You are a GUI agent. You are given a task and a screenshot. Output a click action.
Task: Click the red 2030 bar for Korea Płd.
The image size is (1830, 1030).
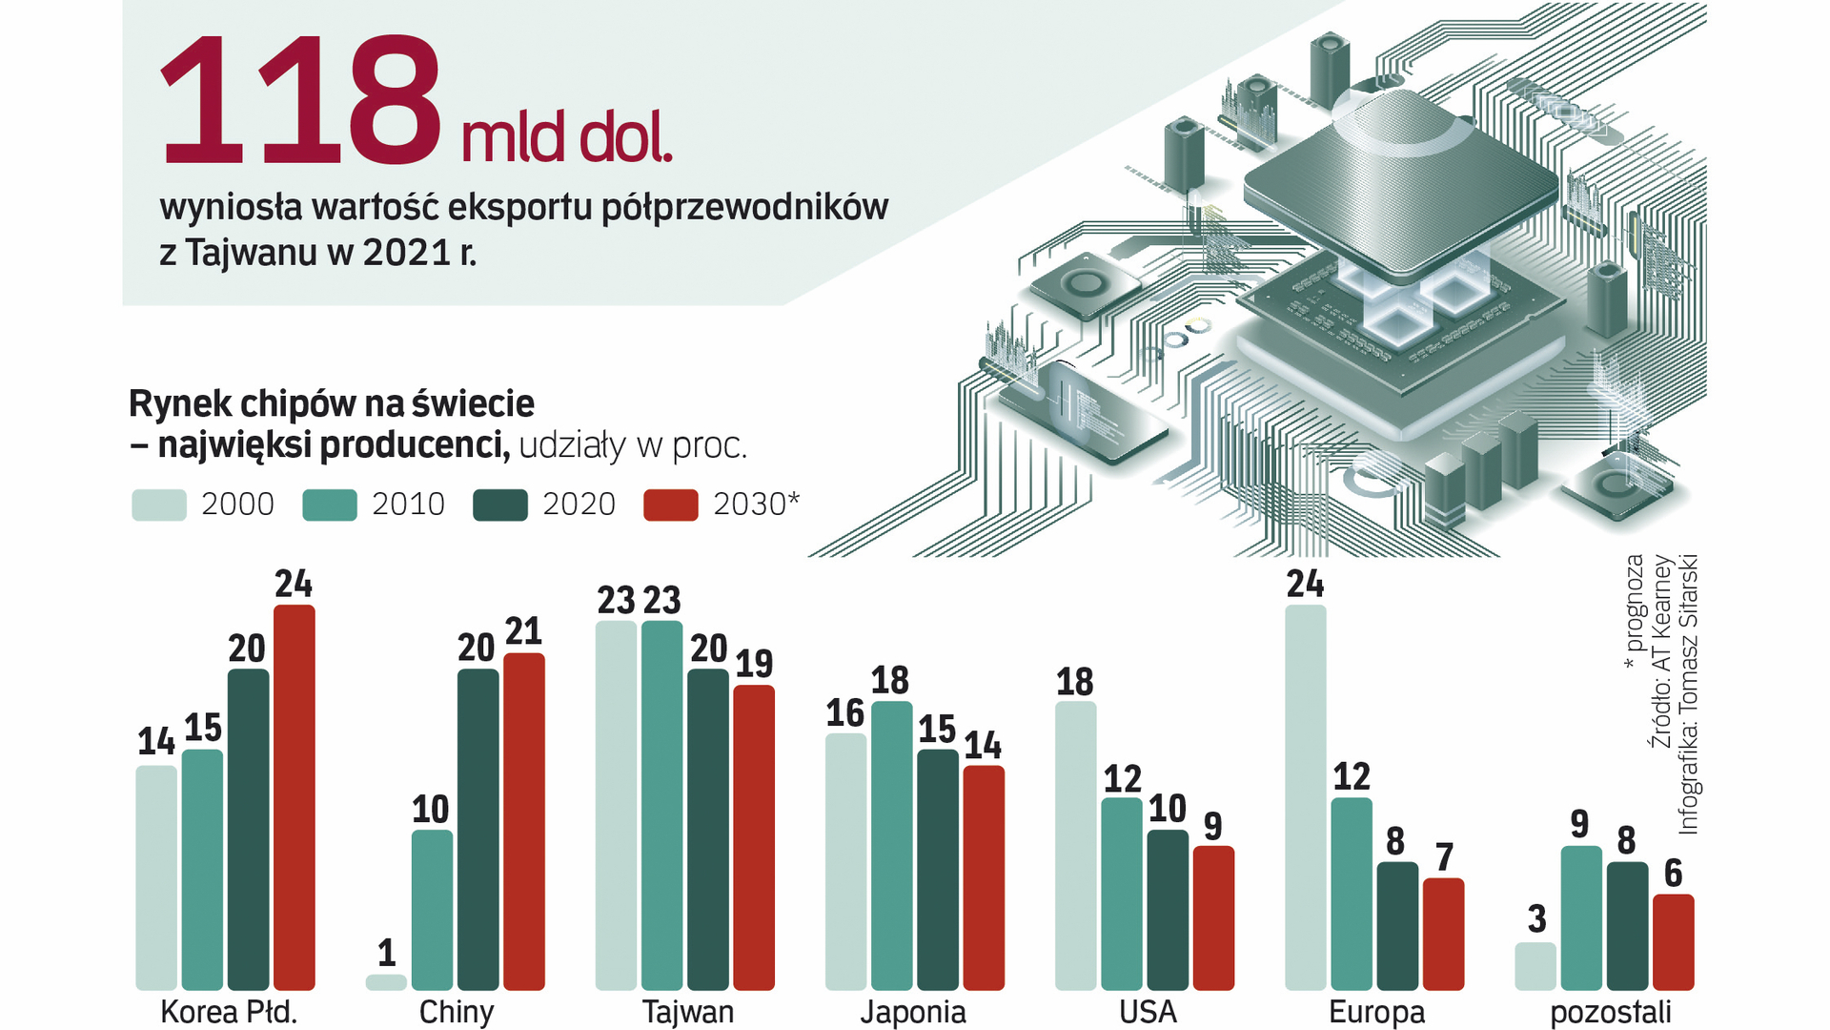click(x=294, y=797)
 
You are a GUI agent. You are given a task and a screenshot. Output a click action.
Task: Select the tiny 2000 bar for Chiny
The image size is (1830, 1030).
click(x=386, y=982)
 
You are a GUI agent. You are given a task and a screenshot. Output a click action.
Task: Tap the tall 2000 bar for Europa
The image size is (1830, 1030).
click(x=1305, y=797)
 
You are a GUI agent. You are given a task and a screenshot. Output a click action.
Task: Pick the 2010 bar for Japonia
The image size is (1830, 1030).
click(x=891, y=846)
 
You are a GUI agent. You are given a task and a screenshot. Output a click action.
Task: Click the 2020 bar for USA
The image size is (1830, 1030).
click(x=1167, y=910)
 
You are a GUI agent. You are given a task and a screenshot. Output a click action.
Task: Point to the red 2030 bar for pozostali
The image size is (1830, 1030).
click(x=1673, y=942)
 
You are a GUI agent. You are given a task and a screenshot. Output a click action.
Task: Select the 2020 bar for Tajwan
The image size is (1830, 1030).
click(x=707, y=830)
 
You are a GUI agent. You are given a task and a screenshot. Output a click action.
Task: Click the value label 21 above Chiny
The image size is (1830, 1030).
click(x=523, y=631)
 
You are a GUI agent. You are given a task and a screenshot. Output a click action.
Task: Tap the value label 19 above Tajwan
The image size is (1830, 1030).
click(x=754, y=664)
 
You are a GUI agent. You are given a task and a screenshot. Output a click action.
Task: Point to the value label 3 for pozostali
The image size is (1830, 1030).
click(x=1536, y=919)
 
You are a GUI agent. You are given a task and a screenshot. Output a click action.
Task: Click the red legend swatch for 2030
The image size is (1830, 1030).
click(x=671, y=505)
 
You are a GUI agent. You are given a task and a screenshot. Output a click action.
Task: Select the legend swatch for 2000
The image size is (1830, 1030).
click(x=159, y=505)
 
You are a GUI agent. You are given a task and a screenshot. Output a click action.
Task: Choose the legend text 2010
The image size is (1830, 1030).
click(x=408, y=505)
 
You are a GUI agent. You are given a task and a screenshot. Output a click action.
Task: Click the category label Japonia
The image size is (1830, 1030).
click(x=913, y=1012)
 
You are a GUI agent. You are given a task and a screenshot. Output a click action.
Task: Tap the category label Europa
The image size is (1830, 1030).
click(x=1376, y=1012)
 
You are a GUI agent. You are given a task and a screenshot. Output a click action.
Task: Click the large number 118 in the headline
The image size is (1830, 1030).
click(x=300, y=103)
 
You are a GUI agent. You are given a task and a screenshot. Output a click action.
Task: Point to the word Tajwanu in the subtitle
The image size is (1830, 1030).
click(x=251, y=253)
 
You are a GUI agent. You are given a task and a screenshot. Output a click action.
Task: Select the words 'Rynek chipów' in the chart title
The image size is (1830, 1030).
click(x=237, y=404)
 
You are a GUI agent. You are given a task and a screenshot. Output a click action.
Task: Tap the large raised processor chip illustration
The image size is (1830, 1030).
click(x=1401, y=181)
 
